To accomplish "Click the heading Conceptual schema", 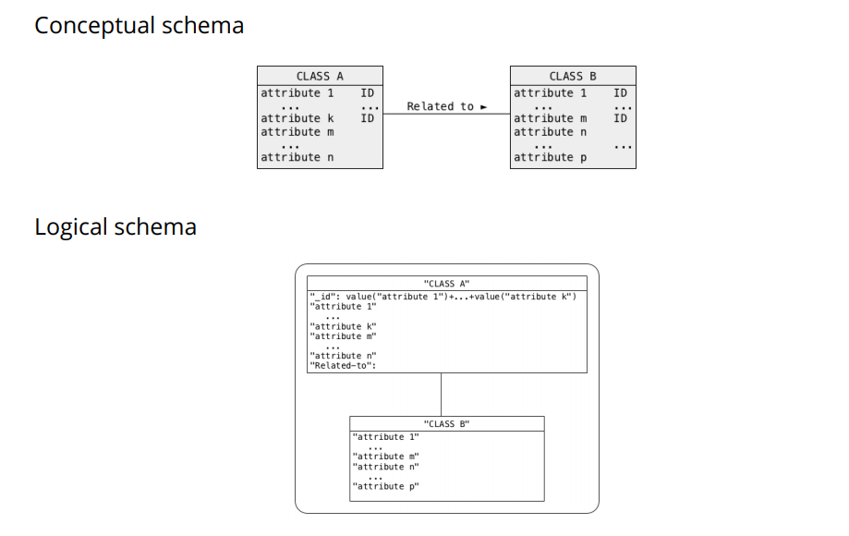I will click(x=139, y=26).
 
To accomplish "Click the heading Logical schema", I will click(x=115, y=227).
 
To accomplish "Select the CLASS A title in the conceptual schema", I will click(x=320, y=76).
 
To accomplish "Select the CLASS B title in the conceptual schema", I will click(x=573, y=76).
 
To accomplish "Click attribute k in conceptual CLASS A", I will click(x=291, y=118).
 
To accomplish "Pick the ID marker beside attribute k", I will click(x=367, y=118).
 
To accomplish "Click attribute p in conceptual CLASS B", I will click(x=550, y=157).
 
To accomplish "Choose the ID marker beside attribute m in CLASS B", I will click(x=620, y=118).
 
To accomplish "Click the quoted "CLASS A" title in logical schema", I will click(x=446, y=284).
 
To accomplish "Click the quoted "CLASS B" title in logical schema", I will click(x=446, y=424).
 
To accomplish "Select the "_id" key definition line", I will click(x=443, y=297).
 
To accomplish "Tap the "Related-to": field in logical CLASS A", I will click(x=343, y=366).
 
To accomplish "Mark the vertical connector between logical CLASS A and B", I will click(x=442, y=395).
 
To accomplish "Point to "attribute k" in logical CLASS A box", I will click(x=343, y=326).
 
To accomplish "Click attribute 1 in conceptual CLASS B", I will click(x=550, y=92).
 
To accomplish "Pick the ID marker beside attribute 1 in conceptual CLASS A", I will click(x=367, y=92).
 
